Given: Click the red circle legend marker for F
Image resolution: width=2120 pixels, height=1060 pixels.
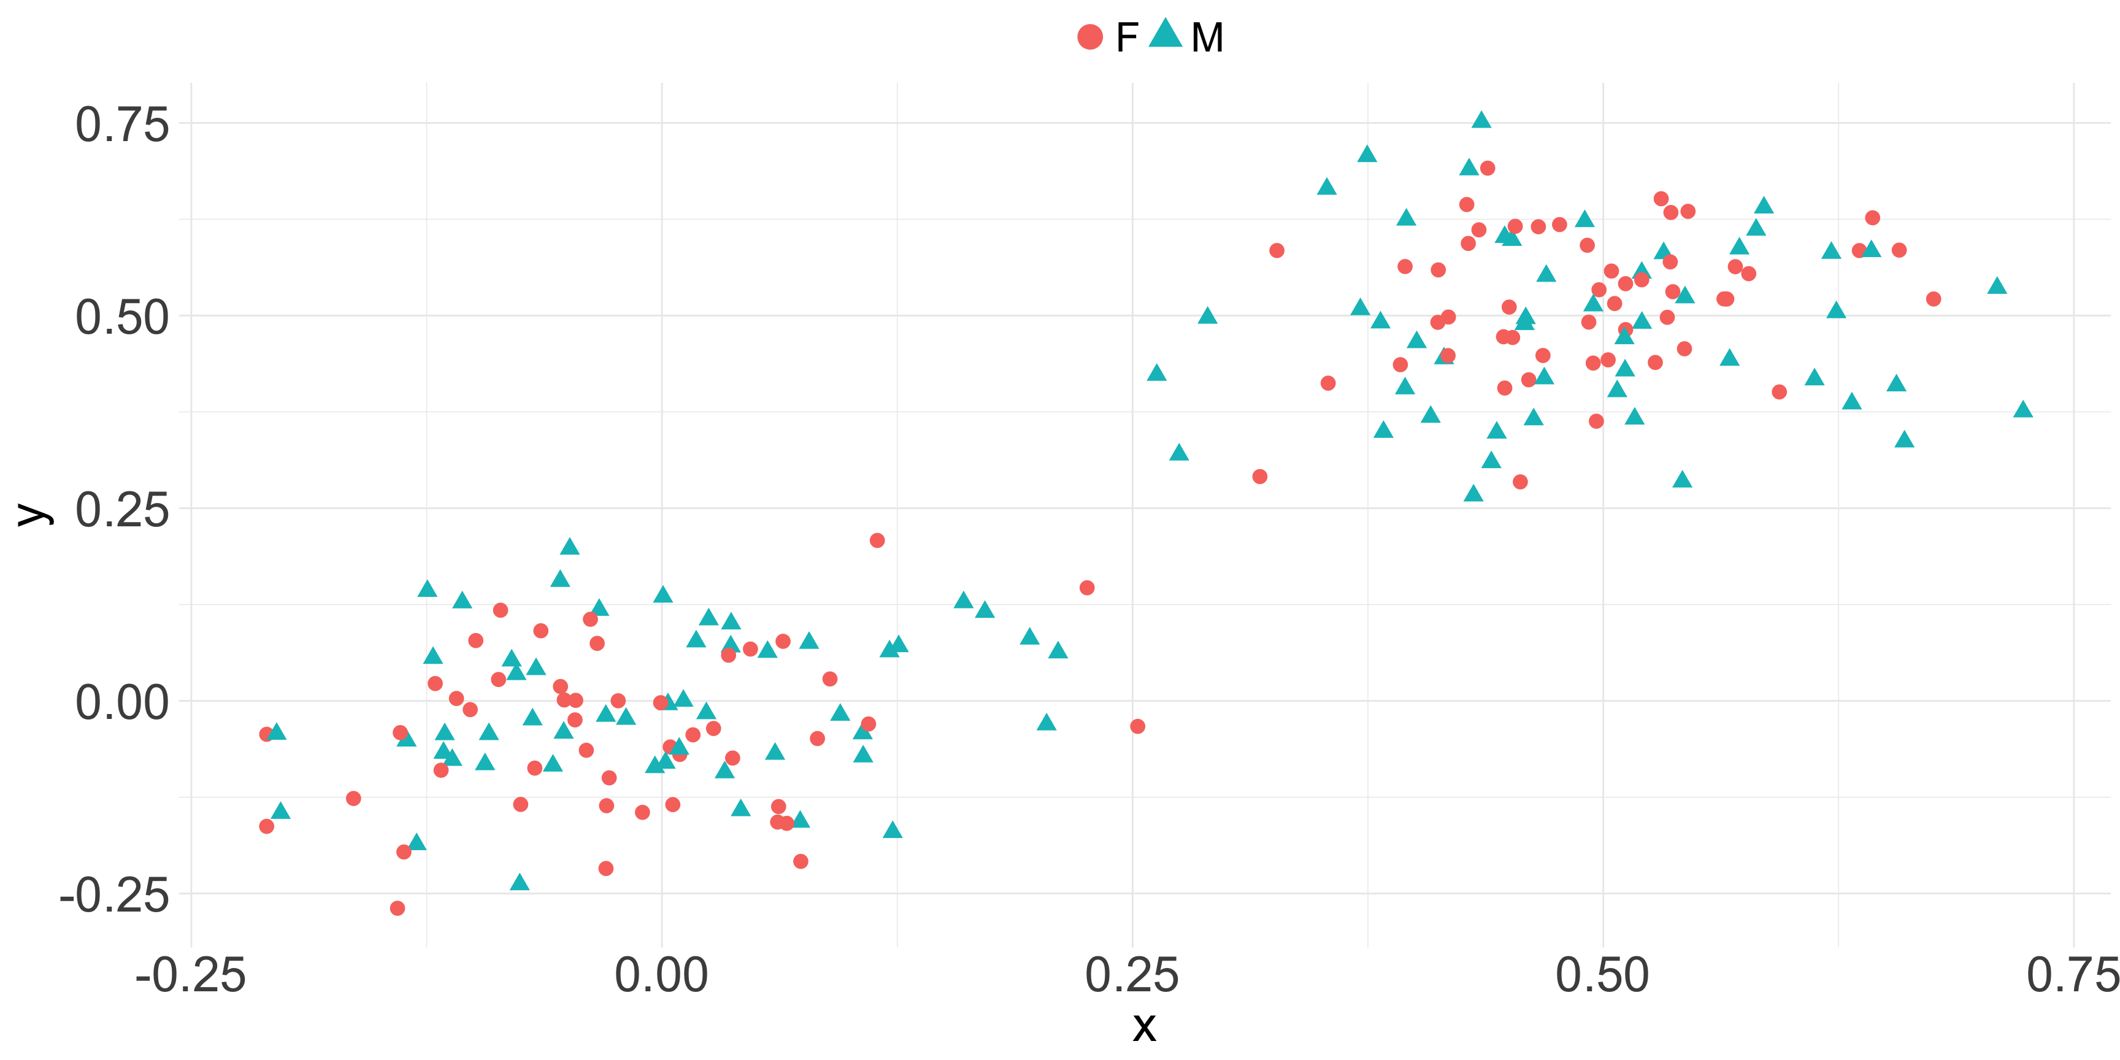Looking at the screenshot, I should tap(1089, 37).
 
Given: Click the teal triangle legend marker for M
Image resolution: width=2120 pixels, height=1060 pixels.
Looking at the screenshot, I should tap(1166, 34).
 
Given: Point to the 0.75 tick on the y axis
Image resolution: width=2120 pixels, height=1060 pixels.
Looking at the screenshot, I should tap(122, 125).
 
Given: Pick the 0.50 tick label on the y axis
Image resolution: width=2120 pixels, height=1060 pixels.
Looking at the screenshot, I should tap(122, 318).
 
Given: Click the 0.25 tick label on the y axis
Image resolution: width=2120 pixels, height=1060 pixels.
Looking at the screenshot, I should tap(122, 510).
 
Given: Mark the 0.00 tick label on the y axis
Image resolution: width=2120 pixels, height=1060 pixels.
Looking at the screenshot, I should tap(122, 703).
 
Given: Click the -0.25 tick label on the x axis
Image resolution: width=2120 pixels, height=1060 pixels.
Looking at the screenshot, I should tap(191, 976).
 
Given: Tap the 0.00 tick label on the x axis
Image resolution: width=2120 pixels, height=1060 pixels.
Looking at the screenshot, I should tap(662, 976).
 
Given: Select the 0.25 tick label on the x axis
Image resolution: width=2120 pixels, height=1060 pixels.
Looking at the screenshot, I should tap(1132, 976).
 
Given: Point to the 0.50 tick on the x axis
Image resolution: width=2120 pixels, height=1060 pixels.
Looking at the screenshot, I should tap(1602, 976).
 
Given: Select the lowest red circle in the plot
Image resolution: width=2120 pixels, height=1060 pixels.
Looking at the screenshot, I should tap(397, 908).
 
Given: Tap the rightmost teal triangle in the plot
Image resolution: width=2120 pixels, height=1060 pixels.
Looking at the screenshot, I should tap(2023, 410).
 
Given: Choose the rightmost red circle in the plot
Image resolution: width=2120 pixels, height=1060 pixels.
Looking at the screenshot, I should tap(1933, 299).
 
